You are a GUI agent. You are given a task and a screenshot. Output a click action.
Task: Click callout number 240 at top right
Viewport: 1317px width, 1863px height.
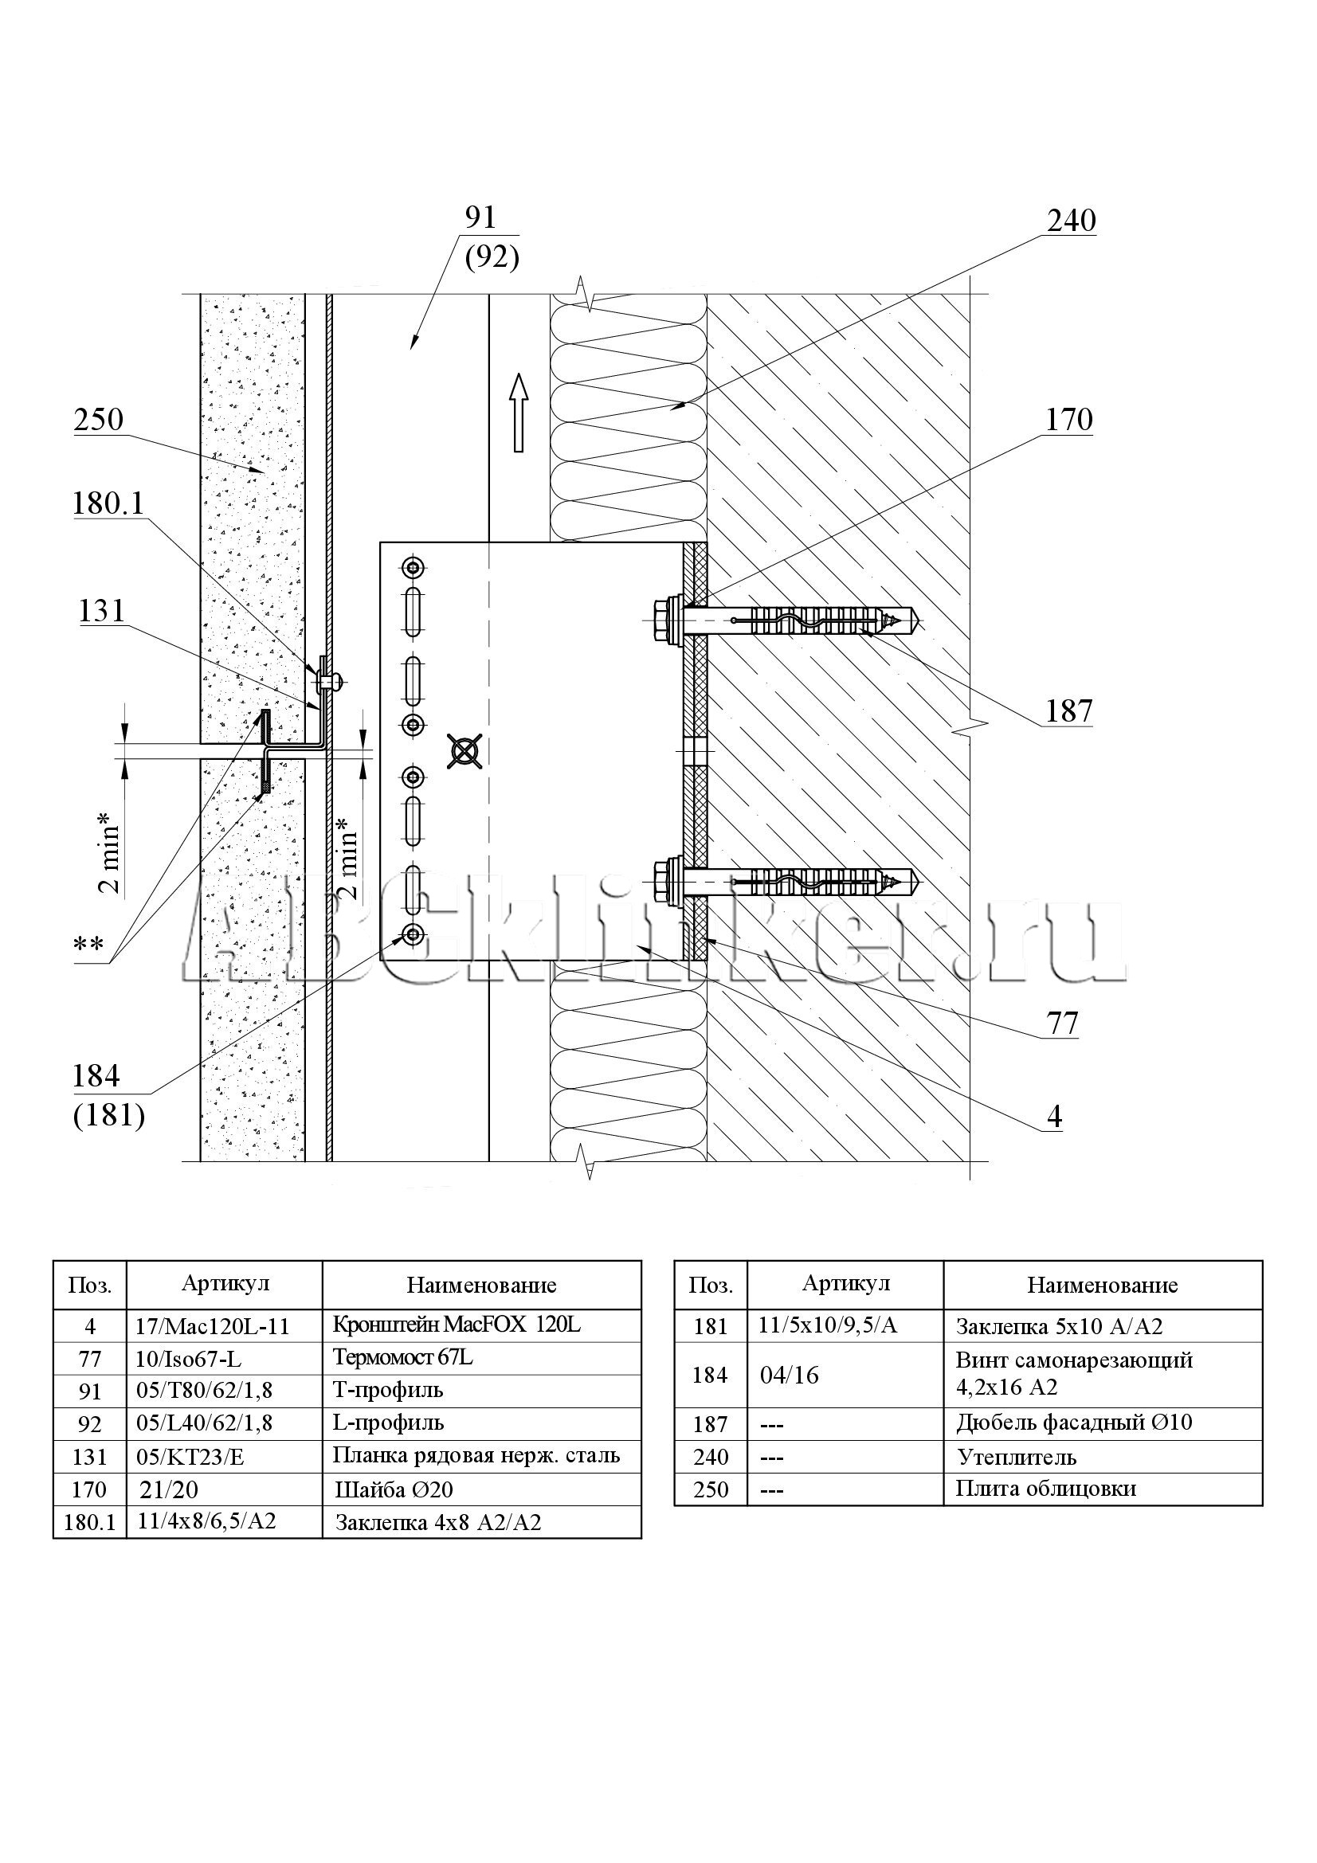[x=1071, y=221]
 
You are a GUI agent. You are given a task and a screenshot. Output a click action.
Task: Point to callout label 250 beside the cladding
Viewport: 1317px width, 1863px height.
[x=98, y=421]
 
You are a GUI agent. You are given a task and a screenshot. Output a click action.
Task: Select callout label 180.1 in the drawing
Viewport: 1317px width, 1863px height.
[x=108, y=505]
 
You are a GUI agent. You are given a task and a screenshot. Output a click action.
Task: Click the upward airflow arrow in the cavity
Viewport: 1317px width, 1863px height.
[x=519, y=413]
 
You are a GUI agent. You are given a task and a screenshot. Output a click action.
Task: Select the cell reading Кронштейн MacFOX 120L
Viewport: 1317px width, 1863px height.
[x=457, y=1325]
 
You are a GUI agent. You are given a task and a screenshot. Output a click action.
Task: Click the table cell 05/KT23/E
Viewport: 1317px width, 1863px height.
[x=190, y=1457]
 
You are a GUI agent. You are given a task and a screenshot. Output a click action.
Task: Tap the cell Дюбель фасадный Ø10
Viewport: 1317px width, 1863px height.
[x=1073, y=1423]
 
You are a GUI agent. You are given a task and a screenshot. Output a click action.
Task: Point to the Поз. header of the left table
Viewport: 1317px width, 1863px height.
[x=90, y=1285]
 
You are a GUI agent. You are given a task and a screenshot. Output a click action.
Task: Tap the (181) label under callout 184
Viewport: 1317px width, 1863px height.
[x=108, y=1117]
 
